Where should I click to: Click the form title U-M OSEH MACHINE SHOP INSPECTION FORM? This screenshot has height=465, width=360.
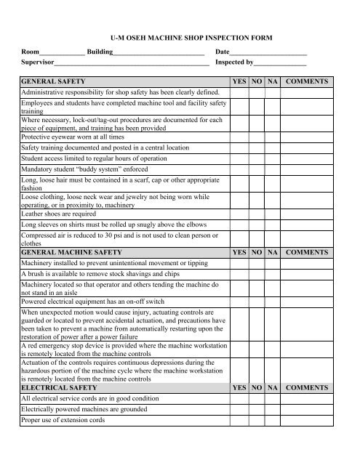[180, 35]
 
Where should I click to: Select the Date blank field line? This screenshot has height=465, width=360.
[268, 54]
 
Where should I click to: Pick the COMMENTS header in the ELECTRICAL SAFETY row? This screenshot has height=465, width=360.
[307, 389]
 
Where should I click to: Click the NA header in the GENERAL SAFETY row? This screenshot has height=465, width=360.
[272, 82]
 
